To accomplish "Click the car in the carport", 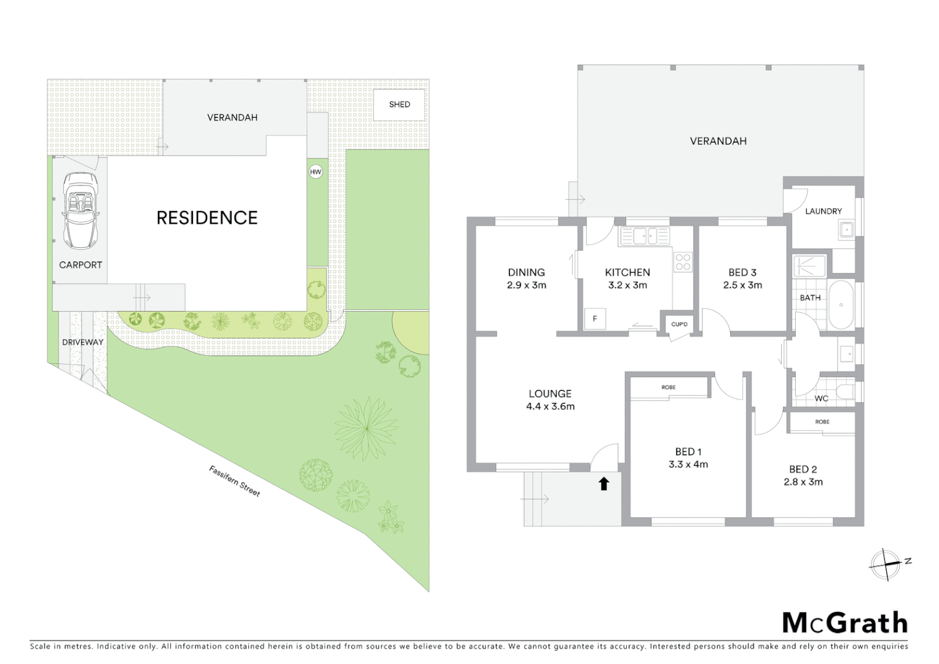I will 81,210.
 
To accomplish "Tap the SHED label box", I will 399,105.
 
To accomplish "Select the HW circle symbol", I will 316,172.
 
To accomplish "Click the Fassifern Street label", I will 235,481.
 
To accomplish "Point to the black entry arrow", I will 603,484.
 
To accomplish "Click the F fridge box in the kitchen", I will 595,319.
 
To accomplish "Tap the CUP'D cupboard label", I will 679,324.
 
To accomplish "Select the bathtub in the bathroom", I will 841,305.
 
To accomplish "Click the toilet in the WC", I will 847,392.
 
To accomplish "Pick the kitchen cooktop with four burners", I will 683,263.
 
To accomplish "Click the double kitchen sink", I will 645,235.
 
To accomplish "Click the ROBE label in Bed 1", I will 669,387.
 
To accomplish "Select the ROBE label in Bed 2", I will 822,422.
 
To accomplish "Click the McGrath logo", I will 844,623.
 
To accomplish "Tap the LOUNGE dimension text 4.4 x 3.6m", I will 550,406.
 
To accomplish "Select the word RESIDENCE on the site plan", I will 207,218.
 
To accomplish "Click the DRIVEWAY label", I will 83,342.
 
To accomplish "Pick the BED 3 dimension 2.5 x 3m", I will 742,285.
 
